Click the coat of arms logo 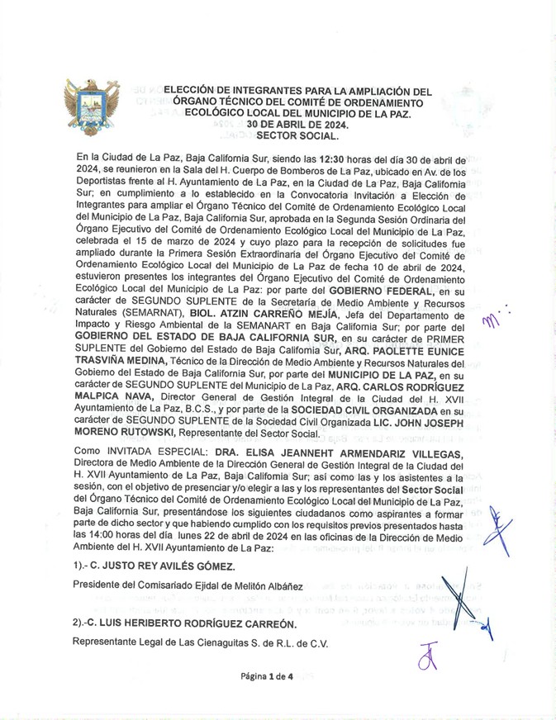pyautogui.click(x=92, y=107)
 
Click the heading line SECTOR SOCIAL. pyautogui.click(x=297, y=135)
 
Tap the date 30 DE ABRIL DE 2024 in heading pyautogui.click(x=297, y=125)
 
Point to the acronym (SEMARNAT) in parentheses pyautogui.click(x=149, y=315)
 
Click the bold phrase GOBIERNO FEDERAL pyautogui.click(x=381, y=291)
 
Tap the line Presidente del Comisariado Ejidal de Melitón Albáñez pyautogui.click(x=188, y=586)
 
